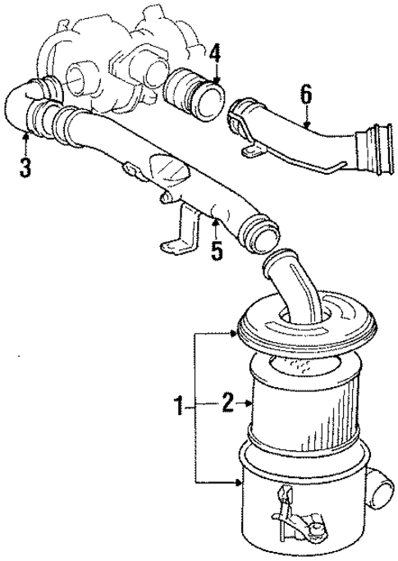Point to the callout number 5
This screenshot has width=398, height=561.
(216, 249)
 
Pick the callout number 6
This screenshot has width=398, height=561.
(305, 94)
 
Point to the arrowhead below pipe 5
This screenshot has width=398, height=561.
(215, 222)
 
